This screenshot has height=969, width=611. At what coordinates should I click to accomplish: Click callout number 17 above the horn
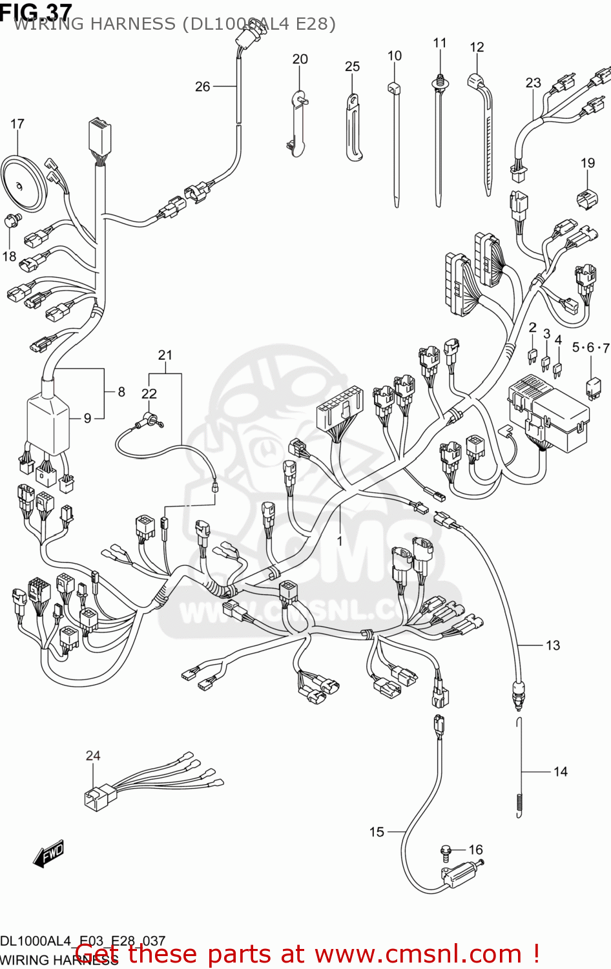coord(17,123)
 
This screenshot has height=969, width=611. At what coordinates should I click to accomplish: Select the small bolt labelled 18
coord(11,221)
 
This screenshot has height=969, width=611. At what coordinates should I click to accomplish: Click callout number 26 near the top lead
coord(203,87)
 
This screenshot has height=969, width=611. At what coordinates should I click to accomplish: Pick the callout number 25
coord(352,67)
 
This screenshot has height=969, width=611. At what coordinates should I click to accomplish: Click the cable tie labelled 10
coord(395,142)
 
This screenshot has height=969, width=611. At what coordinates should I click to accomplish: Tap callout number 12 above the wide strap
coord(477,47)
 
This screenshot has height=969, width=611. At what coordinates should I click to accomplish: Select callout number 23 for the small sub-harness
coord(533,83)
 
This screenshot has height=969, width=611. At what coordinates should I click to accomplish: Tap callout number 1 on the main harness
coord(340,541)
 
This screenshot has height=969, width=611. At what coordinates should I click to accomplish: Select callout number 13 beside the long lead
coord(553,645)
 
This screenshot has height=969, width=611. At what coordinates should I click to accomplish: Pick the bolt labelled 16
coord(446,853)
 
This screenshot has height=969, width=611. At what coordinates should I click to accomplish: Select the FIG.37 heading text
coord(36,11)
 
